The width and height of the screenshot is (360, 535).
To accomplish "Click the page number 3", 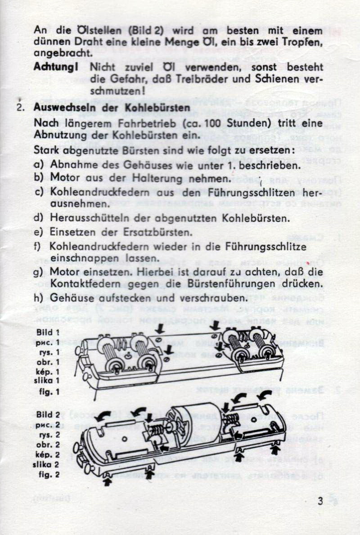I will [320, 502].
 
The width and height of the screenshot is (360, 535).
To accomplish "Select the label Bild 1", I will [48, 332].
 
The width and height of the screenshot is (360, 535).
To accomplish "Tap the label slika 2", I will [46, 464].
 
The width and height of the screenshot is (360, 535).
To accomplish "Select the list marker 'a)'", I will [39, 165].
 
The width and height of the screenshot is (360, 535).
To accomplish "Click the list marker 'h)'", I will [39, 298].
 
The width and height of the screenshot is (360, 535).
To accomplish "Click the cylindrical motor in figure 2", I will [189, 419].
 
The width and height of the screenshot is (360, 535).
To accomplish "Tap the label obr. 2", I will [48, 444].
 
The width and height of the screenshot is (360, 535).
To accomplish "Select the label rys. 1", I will [49, 352].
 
